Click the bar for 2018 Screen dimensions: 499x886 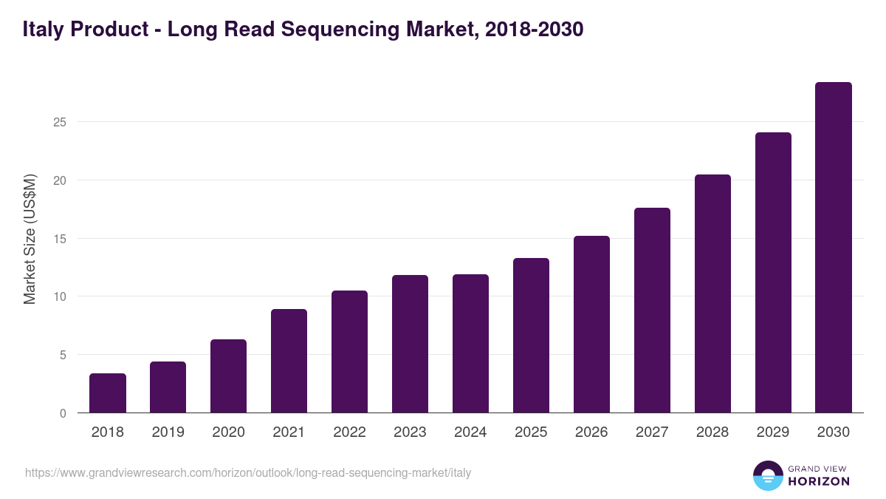coord(108,393)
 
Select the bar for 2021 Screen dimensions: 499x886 coord(289,361)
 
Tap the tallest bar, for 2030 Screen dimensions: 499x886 coord(834,248)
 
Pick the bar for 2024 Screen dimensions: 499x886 coord(470,344)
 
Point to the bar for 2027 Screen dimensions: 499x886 coord(652,310)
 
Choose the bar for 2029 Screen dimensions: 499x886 coord(773,273)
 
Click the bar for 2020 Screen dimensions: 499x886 coord(228,376)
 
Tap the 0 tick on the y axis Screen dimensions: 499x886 coord(63,413)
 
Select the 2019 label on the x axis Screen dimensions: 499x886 coord(168,432)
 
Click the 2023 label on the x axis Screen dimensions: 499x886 coord(410,432)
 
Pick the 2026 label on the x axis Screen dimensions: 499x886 coord(591,432)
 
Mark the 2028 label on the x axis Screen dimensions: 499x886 coord(712,432)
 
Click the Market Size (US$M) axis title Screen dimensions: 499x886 coord(30,239)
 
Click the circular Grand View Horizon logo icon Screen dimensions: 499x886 coord(767,475)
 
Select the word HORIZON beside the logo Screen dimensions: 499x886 coord(819,481)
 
